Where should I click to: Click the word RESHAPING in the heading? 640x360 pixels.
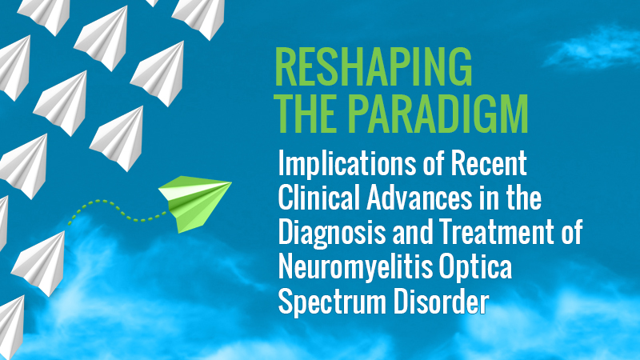coord(374,66)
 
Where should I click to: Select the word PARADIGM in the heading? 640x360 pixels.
coord(438,114)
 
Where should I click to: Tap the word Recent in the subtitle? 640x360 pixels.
coord(489,163)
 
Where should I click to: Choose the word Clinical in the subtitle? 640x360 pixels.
coord(318,198)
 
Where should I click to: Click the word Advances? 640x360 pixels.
coord(419,198)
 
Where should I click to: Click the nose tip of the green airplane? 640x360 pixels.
coord(231,182)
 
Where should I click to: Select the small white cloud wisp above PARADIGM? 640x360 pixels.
coord(592,47)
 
